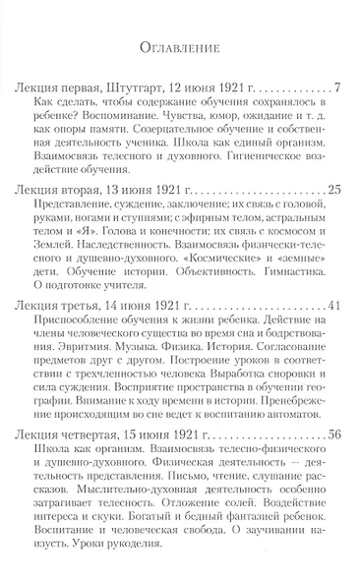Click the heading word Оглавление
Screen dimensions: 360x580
[x=179, y=45]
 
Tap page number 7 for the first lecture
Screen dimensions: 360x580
[x=337, y=90]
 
